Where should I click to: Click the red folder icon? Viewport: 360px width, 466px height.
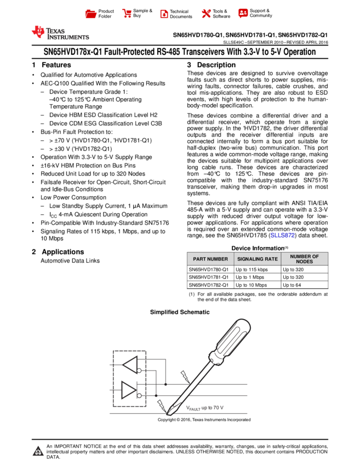pos(91,14)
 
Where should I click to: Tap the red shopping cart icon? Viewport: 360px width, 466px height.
pos(127,14)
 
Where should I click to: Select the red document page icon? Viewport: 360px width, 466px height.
pos(164,14)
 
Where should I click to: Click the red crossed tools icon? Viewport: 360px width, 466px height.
pos(206,14)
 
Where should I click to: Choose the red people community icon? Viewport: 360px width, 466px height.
pos(243,13)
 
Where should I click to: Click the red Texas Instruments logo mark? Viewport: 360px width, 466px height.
pos(38,32)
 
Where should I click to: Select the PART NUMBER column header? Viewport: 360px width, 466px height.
pos(210,259)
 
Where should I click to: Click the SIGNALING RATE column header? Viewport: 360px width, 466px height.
pos(258,259)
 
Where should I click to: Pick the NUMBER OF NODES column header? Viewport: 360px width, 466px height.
pos(305,259)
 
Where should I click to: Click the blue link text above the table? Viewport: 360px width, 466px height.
pos(282,235)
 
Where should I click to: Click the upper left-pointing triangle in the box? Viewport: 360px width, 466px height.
pos(130,363)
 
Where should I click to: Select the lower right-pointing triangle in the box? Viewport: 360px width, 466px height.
pos(129,390)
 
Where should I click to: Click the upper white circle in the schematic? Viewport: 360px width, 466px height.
pos(139,371)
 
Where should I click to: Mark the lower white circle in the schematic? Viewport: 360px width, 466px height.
pos(139,395)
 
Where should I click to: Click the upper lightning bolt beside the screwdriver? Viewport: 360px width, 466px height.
pos(185,376)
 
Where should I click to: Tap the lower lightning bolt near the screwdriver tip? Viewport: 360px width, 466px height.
pos(161,405)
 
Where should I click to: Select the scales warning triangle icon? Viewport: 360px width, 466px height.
pos(38,451)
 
